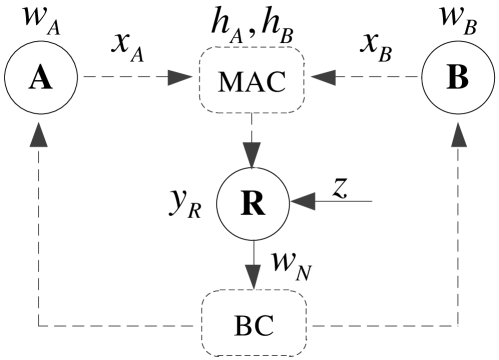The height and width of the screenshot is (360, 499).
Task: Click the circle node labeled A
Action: click(42, 78)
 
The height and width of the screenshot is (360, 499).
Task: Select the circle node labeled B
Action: click(456, 78)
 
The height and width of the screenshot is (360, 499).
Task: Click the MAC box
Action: click(253, 80)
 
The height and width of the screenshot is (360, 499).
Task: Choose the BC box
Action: click(254, 324)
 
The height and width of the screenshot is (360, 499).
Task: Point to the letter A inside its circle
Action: click(41, 76)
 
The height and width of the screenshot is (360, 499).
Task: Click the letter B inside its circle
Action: click(456, 77)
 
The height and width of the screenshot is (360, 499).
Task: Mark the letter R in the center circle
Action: click(253, 203)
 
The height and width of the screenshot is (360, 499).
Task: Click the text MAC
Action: click(253, 81)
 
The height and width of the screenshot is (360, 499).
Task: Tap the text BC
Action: click(254, 326)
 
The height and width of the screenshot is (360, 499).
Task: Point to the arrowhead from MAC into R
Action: click(255, 154)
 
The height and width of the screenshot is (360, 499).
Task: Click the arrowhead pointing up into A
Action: click(41, 138)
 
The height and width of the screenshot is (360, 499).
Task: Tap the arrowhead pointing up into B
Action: click(461, 137)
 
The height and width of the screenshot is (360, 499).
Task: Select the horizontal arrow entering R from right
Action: click(335, 204)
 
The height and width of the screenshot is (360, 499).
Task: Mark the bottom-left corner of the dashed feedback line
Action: click(42, 326)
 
